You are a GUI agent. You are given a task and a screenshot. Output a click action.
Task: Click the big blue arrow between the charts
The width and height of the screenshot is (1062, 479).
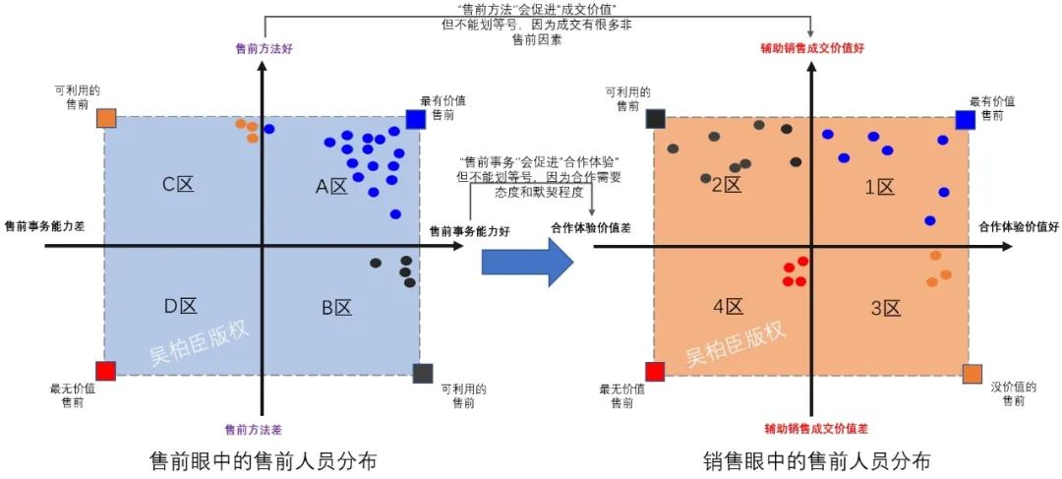tap(527, 261)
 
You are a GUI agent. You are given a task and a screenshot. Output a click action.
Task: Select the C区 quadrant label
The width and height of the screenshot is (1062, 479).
tap(178, 183)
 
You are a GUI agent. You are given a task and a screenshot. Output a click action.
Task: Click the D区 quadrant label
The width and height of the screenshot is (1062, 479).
tap(182, 306)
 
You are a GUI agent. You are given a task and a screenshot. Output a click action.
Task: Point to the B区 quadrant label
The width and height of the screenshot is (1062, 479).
tap(336, 308)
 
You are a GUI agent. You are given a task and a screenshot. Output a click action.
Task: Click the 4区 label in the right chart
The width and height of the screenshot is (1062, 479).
tap(729, 307)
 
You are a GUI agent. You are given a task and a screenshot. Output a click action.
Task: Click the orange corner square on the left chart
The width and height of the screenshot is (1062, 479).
tap(107, 119)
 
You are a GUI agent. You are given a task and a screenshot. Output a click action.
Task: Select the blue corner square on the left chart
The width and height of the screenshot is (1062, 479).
tap(415, 119)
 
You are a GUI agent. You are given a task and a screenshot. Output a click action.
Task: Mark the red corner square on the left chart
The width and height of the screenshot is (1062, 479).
tap(106, 371)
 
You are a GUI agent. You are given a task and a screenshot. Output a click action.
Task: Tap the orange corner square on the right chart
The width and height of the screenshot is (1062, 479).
tap(972, 374)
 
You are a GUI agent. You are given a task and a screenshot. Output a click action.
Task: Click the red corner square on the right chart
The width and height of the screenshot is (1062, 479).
tap(655, 371)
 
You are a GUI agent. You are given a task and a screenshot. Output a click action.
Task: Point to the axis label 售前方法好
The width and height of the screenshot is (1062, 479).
tap(263, 46)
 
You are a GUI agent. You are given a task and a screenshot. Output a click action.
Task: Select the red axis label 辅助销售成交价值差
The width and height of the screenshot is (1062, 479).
tap(816, 429)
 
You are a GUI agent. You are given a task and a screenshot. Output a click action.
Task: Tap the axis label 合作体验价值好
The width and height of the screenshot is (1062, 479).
tap(1019, 227)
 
